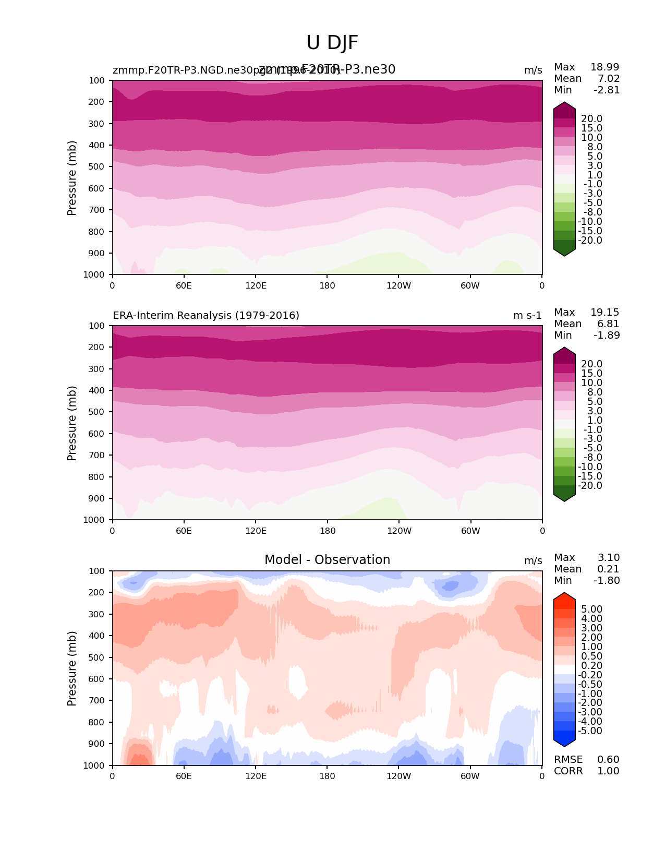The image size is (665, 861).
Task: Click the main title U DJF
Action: click(332, 43)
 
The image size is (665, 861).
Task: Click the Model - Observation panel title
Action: click(327, 560)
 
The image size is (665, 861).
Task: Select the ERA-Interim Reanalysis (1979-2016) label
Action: click(206, 315)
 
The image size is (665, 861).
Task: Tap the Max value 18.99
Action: click(604, 67)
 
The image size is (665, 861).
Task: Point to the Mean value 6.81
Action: click(608, 324)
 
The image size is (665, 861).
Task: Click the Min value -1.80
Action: click(607, 580)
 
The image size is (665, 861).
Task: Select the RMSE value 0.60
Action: click(608, 759)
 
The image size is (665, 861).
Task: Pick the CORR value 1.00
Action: click(608, 771)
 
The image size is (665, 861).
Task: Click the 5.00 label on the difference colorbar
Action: click(591, 609)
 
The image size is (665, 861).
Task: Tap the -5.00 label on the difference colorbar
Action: click(590, 731)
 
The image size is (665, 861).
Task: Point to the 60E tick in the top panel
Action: click(184, 285)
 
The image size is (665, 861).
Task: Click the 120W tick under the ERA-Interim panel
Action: click(399, 531)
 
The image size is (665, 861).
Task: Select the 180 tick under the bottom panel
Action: click(327, 776)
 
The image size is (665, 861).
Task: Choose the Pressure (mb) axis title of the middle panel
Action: click(72, 423)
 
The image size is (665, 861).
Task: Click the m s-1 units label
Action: click(527, 315)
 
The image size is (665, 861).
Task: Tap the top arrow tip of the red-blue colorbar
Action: click(564, 594)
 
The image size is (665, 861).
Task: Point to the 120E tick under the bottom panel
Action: click(256, 776)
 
